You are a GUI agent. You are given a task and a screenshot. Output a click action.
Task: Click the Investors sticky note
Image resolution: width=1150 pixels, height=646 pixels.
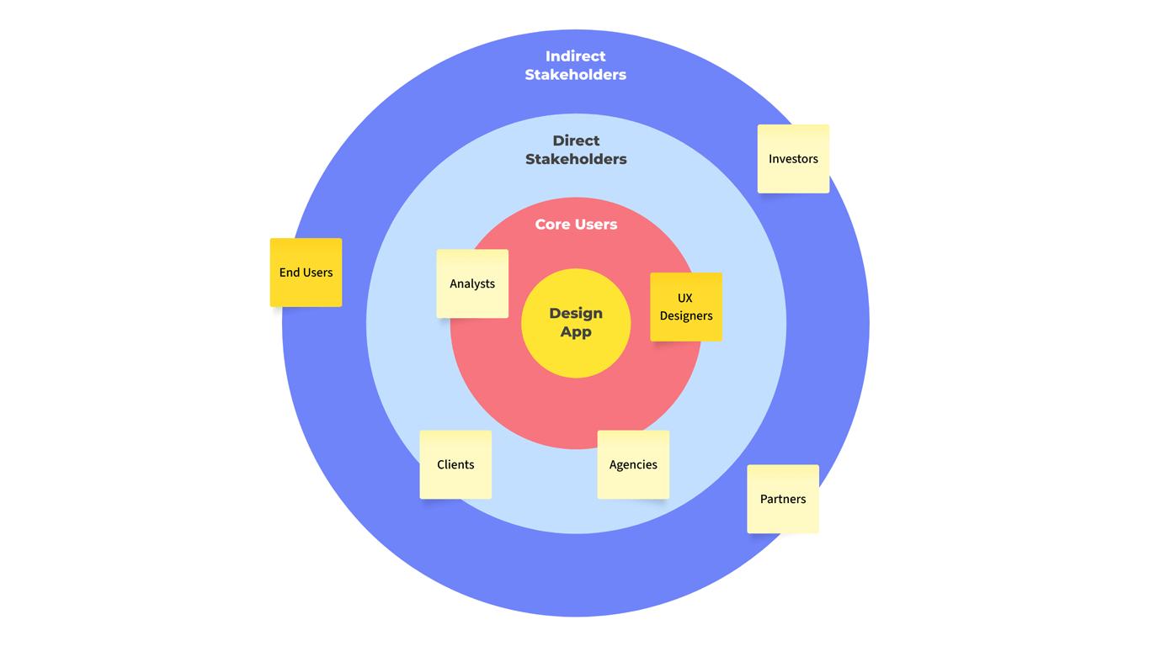(x=793, y=159)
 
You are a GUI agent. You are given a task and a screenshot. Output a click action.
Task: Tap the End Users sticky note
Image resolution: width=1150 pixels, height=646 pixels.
(x=306, y=273)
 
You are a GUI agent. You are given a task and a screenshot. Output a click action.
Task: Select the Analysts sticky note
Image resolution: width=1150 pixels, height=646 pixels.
(x=472, y=283)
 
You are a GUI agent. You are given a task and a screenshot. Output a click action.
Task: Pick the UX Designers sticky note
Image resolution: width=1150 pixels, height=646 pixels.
(x=685, y=307)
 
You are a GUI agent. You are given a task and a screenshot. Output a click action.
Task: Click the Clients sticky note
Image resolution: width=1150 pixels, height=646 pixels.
(x=455, y=464)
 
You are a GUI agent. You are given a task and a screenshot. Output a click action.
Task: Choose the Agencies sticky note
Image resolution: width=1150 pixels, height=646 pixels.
(x=633, y=464)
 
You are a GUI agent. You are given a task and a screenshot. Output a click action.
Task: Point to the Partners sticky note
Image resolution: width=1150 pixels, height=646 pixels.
(x=783, y=499)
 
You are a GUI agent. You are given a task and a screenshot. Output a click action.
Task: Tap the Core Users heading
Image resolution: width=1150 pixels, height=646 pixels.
(x=576, y=225)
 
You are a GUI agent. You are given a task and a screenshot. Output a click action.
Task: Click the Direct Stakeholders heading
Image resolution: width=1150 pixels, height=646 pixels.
(x=576, y=150)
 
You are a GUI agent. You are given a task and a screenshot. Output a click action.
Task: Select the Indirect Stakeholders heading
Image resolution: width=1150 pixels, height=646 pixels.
(x=576, y=66)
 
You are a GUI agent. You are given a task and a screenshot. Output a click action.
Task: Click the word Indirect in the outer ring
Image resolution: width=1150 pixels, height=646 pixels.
(x=576, y=56)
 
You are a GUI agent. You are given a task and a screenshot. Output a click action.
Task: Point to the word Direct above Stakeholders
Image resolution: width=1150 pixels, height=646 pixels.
(x=576, y=140)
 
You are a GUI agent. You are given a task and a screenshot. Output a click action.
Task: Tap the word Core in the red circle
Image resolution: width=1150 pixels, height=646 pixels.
(x=553, y=225)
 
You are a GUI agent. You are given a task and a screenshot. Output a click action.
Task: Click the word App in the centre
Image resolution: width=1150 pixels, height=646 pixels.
(x=576, y=332)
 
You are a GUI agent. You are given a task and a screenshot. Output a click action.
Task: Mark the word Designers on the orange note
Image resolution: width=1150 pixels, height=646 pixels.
(x=686, y=316)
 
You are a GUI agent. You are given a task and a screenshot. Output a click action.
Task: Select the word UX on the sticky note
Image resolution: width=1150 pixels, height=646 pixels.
(x=685, y=298)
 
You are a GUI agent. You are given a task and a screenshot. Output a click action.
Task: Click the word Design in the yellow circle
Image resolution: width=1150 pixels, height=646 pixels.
(x=576, y=313)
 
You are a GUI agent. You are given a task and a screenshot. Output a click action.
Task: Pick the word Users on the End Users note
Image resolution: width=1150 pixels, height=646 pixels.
(x=317, y=273)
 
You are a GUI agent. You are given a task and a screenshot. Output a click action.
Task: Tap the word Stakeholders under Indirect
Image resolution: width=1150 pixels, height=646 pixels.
(x=576, y=75)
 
